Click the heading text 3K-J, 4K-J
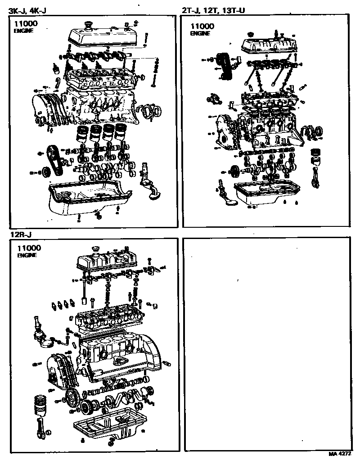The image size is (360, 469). pyautogui.click(x=28, y=9)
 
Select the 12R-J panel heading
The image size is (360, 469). pyautogui.click(x=20, y=234)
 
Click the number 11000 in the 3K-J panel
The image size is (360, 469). pyautogui.click(x=25, y=24)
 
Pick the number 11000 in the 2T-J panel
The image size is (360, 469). pyautogui.click(x=202, y=26)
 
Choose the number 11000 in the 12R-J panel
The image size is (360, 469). pyautogui.click(x=29, y=248)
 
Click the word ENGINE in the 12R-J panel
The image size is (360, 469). pyautogui.click(x=27, y=255)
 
